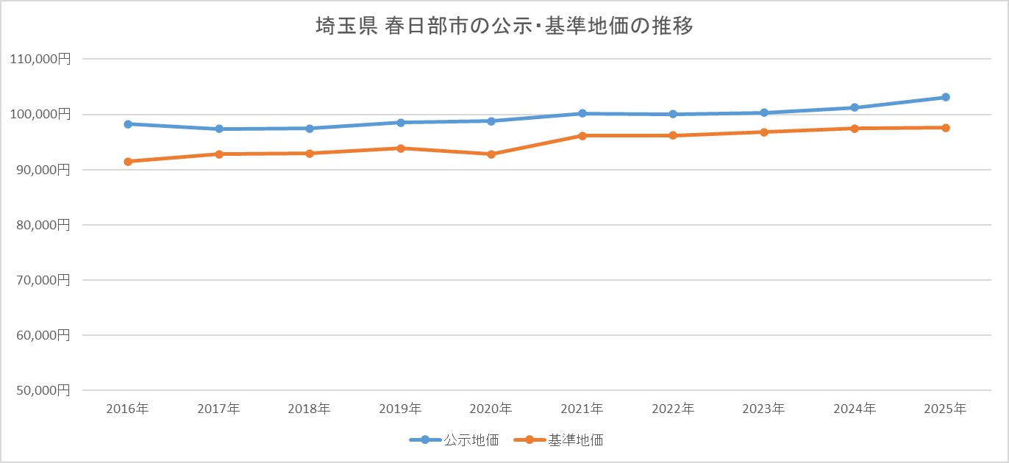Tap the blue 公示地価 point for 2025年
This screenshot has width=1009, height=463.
[946, 97]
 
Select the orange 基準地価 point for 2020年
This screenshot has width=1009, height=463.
[491, 154]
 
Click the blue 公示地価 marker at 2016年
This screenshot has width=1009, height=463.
[128, 124]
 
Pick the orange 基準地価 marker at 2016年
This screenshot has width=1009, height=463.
[128, 162]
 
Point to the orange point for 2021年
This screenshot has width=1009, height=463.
[582, 136]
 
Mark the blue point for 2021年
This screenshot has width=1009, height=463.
[582, 113]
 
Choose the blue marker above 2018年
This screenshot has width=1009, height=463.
[310, 129]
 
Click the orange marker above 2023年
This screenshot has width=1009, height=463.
[764, 132]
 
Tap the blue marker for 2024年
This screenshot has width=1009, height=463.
[855, 107]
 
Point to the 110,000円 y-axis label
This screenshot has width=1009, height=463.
[41, 60]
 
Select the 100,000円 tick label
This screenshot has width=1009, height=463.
[41, 115]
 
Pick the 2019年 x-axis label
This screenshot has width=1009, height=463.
[400, 409]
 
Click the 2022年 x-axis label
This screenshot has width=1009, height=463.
[673, 409]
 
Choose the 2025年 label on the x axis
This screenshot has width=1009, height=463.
[946, 409]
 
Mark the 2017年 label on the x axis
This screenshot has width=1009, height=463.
[218, 409]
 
